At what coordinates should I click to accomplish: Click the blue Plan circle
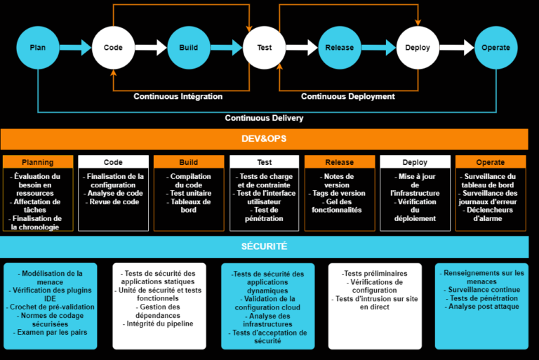point(38,48)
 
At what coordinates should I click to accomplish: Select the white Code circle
point(113,48)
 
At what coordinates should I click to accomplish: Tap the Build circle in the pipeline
point(188,48)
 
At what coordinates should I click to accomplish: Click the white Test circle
point(264,48)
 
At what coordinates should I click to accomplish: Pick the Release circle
point(340,48)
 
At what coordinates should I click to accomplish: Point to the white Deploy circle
point(417,48)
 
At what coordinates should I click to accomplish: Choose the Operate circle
point(495,48)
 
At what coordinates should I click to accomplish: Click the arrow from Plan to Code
point(75,48)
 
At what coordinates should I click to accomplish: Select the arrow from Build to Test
point(226,48)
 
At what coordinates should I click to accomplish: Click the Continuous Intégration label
point(178,97)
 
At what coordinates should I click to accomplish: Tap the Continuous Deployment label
point(348,97)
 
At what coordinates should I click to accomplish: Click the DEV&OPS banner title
point(264,139)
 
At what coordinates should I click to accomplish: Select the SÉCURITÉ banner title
point(264,247)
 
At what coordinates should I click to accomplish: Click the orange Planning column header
point(38,162)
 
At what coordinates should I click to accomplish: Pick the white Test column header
point(264,162)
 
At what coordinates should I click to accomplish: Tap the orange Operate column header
point(491,162)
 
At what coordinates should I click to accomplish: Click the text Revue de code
point(113,202)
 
